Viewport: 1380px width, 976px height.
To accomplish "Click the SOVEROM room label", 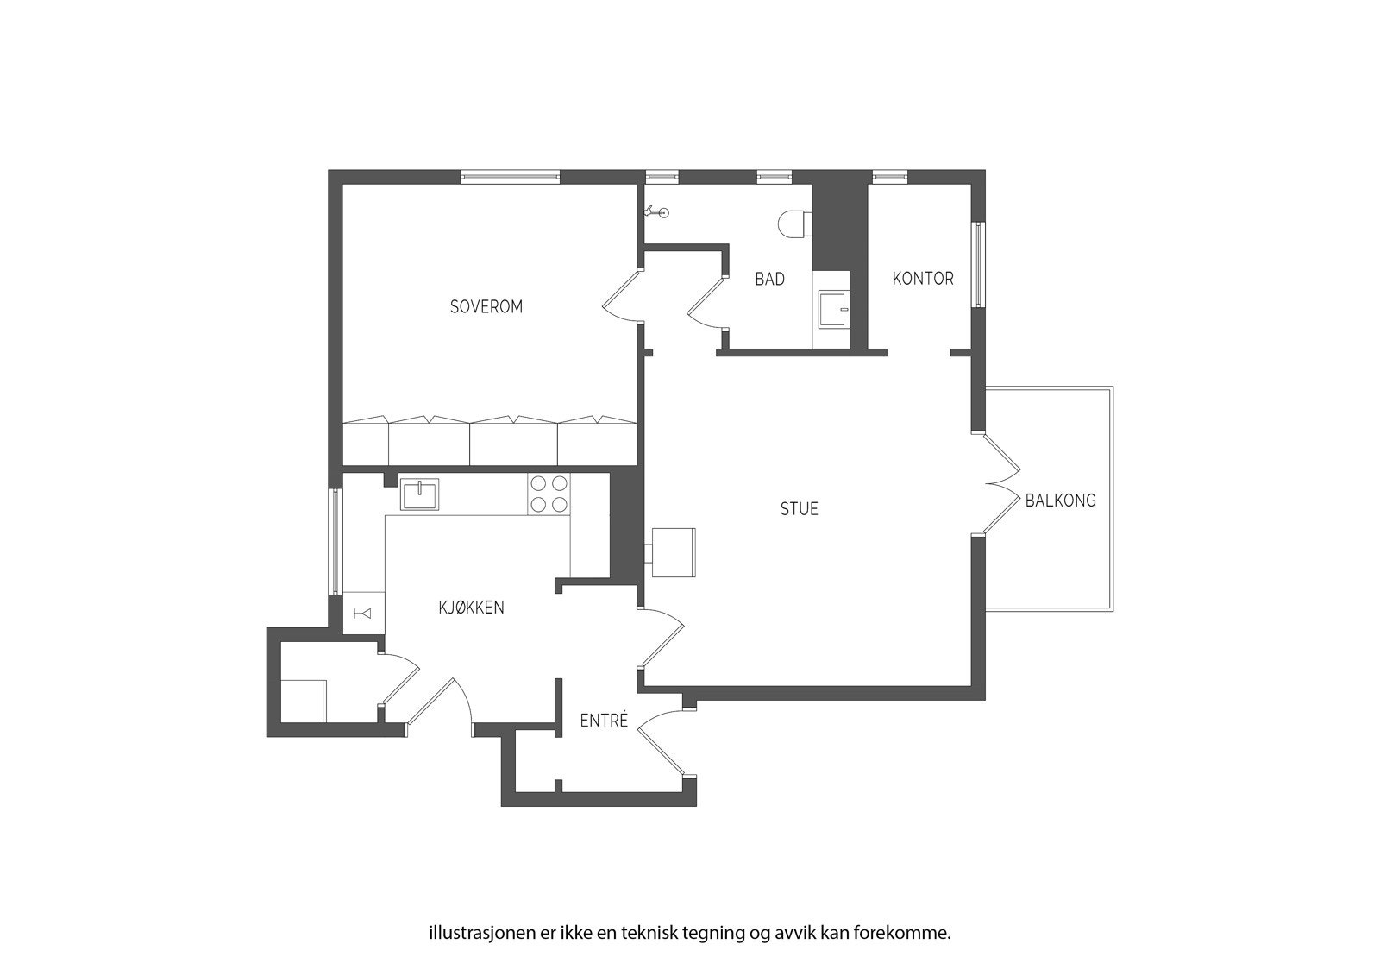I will coord(486,306).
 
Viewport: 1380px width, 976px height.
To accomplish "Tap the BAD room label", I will coord(769,279).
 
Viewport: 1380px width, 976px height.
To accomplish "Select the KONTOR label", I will coord(923,278).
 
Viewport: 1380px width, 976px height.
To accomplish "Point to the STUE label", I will coord(799,509).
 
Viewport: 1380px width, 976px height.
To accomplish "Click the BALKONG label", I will coord(1060,501).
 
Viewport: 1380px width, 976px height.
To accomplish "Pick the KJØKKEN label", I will coord(471,608).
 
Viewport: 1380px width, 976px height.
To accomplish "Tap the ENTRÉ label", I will coord(604,721).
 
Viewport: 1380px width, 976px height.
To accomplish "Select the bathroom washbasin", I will coord(833,308).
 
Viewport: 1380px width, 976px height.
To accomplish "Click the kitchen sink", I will coord(419,494).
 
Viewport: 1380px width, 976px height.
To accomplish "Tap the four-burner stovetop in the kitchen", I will coord(549,494).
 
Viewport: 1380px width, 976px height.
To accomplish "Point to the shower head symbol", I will coord(658,211).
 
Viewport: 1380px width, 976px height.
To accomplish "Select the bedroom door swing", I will coord(621,297).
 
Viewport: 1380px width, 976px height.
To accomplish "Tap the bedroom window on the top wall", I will coord(511,177).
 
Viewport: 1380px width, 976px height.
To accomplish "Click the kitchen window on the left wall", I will coord(336,541).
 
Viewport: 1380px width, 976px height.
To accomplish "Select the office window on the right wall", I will coord(978,265).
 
